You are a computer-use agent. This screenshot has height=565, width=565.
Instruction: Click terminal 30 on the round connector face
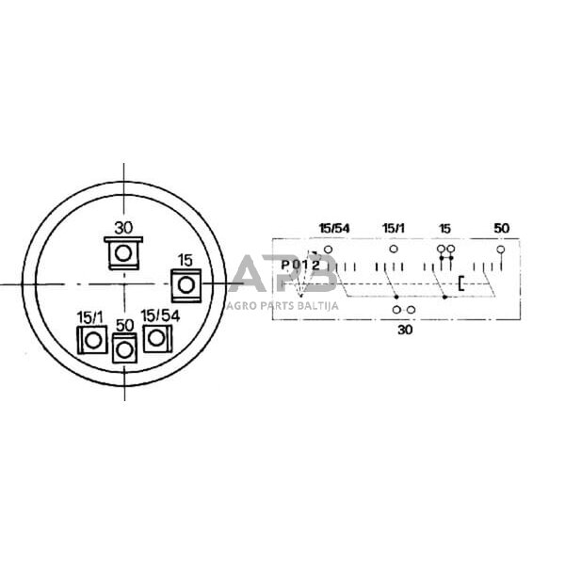123,253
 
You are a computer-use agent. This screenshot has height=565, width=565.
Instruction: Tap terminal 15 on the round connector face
186,285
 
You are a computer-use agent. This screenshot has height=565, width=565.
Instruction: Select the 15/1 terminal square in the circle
92,340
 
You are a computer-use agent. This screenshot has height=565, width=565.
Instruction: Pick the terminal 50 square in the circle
124,348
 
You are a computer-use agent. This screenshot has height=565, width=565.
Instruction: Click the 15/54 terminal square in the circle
157,338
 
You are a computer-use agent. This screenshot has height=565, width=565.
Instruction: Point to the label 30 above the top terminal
123,228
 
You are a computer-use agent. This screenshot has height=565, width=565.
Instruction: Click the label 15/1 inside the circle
89,317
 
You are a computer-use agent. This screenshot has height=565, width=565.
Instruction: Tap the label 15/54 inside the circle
160,316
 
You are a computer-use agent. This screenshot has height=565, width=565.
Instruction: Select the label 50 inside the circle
124,326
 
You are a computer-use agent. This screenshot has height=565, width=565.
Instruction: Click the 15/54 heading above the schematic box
334,228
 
